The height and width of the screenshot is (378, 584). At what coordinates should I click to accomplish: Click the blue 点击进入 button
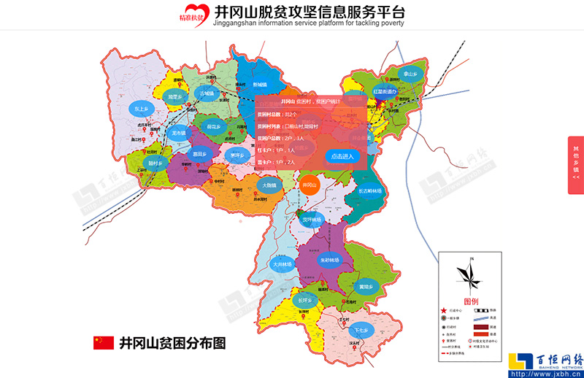[x=342, y=156]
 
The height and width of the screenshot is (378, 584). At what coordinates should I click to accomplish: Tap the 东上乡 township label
[x=142, y=109]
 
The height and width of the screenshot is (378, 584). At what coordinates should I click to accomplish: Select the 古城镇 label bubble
[x=207, y=94]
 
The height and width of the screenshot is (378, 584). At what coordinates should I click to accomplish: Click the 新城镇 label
[x=260, y=85]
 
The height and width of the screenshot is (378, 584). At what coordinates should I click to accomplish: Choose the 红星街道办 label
[x=385, y=92]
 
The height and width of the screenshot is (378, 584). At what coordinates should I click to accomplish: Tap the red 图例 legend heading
[x=471, y=301]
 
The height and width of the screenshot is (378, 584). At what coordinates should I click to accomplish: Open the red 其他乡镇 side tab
[x=575, y=161]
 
